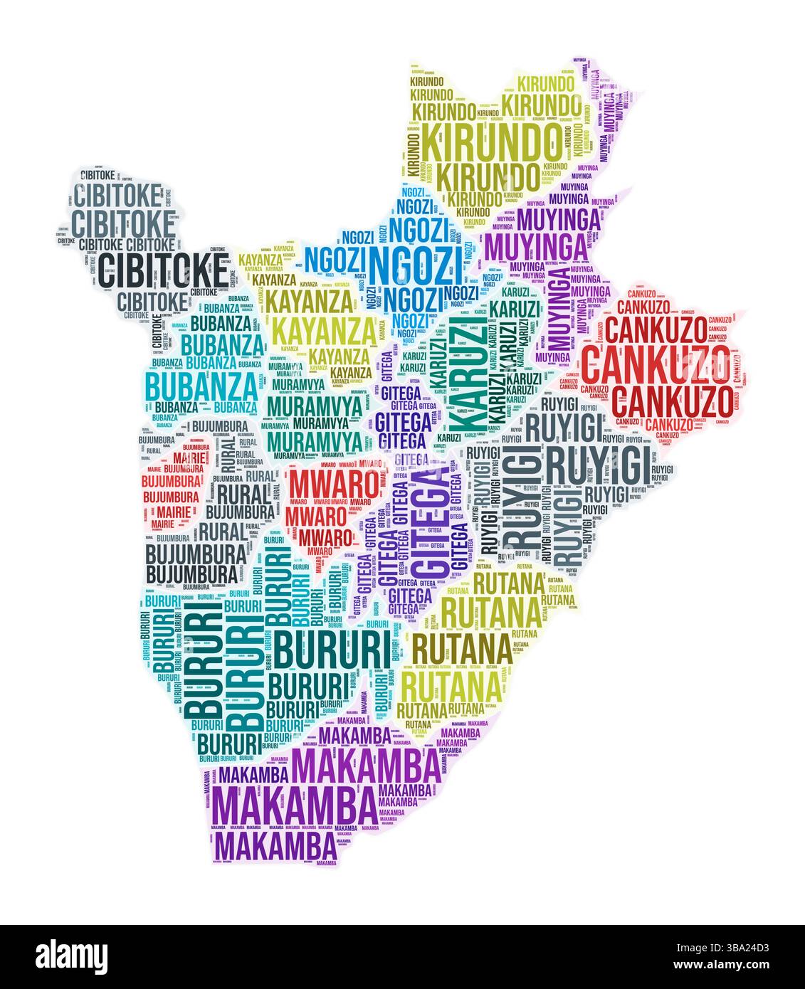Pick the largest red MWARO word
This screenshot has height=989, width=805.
point(332,484)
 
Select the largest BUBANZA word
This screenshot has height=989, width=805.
point(201,386)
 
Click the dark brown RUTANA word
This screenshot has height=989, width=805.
point(461,647)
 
